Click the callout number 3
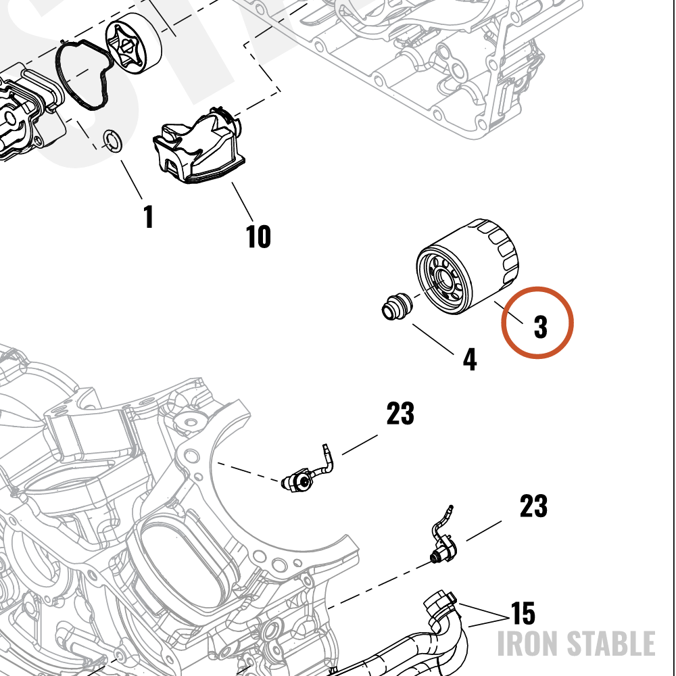tap(540, 327)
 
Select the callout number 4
tap(470, 359)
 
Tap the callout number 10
tap(258, 236)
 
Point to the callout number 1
tap(148, 216)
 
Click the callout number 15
tap(523, 612)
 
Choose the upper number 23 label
tap(400, 413)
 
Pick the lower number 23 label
tap(533, 506)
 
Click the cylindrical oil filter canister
tap(468, 266)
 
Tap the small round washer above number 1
tap(113, 140)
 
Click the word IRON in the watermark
tap(528, 644)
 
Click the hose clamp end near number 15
tap(440, 604)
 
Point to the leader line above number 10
tap(243, 201)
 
